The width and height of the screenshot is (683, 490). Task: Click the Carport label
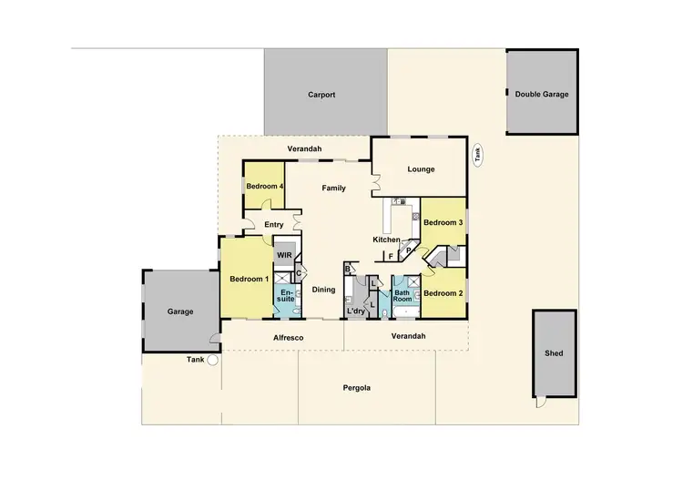tap(321, 95)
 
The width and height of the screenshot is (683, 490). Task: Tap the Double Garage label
tap(541, 95)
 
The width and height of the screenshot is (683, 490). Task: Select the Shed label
tap(554, 353)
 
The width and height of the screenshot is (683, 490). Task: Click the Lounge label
tap(421, 169)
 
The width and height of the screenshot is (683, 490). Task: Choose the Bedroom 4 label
tap(262, 187)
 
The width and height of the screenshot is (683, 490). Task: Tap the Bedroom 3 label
tap(443, 222)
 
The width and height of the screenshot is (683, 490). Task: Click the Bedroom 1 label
tap(248, 279)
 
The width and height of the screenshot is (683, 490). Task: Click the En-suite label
tap(286, 294)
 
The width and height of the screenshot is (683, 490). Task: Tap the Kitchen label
tap(387, 240)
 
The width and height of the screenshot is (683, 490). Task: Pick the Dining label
tap(324, 290)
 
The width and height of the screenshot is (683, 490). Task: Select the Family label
tap(334, 188)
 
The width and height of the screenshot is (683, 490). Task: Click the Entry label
tap(274, 225)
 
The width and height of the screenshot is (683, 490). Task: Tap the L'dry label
tap(356, 311)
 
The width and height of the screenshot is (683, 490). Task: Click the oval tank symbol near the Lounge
tap(477, 156)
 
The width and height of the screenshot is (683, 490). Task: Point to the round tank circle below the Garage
tap(212, 360)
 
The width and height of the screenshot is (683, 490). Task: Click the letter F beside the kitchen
tap(391, 257)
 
